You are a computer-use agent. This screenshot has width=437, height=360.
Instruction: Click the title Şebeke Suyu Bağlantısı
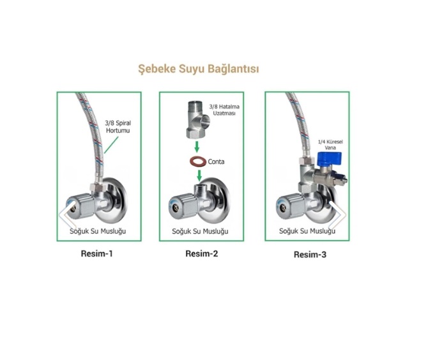pyautogui.click(x=199, y=69)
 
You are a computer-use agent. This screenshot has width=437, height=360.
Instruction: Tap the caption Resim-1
pyautogui.click(x=96, y=253)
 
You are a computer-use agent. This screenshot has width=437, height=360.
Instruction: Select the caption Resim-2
pyautogui.click(x=201, y=253)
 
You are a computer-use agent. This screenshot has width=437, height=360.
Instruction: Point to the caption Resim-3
pyautogui.click(x=310, y=255)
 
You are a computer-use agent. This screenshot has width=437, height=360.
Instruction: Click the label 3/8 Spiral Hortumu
pyautogui.click(x=118, y=126)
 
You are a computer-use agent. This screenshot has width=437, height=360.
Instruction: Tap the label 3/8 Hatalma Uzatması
pyautogui.click(x=224, y=110)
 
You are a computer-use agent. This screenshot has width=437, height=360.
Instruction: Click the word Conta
pyautogui.click(x=216, y=161)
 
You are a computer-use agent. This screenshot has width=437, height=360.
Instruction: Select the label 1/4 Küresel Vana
pyautogui.click(x=330, y=144)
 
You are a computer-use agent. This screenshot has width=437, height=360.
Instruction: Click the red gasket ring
pyautogui.click(x=197, y=161)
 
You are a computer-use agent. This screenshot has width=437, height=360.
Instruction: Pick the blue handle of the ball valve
pyautogui.click(x=330, y=160)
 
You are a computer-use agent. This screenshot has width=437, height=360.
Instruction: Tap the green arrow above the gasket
pyautogui.click(x=197, y=147)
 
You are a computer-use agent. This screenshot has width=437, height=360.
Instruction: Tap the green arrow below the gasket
pyautogui.click(x=199, y=176)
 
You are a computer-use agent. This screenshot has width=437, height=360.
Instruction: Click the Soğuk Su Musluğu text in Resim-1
pyautogui.click(x=98, y=231)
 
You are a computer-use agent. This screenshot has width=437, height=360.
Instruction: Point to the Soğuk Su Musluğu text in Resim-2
pyautogui.click(x=200, y=231)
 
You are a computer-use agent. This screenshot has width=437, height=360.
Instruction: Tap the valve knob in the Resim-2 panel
pyautogui.click(x=181, y=205)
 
